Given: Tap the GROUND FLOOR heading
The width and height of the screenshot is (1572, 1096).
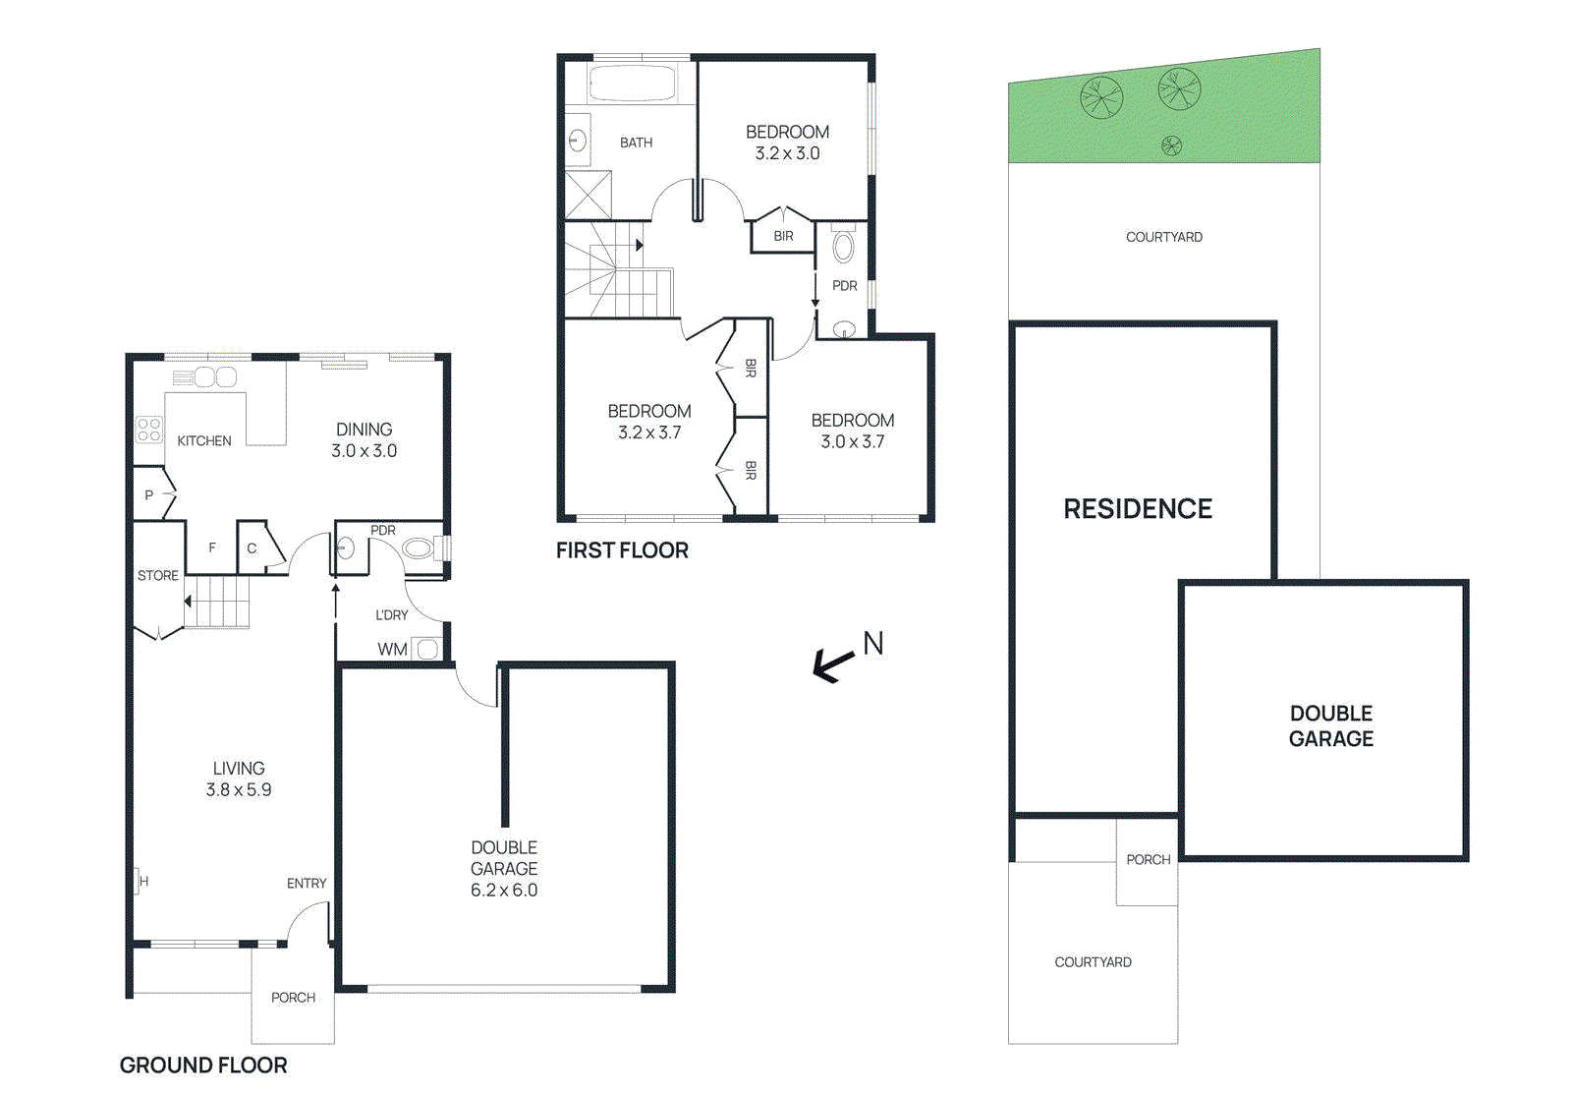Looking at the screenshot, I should (203, 1066).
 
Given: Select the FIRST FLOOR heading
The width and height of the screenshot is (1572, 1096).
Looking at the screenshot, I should (622, 550).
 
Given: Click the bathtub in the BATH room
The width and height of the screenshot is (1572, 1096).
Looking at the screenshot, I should (632, 84).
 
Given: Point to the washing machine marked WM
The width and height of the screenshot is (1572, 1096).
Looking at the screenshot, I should (426, 649).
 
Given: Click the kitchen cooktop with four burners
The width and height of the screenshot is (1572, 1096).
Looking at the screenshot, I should (149, 430).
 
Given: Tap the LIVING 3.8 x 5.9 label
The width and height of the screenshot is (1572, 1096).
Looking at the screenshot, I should (239, 779).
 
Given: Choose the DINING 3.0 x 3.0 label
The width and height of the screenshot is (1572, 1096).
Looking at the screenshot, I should (364, 440).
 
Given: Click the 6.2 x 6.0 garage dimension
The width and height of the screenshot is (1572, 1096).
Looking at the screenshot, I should (504, 891).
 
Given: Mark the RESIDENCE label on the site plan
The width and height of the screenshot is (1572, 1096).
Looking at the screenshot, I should (1138, 509).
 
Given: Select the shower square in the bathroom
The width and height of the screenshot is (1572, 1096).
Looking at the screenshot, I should (589, 195).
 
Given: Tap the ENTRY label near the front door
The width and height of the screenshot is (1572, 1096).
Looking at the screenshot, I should (307, 884).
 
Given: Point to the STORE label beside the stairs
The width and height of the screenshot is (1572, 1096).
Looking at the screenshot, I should (158, 576).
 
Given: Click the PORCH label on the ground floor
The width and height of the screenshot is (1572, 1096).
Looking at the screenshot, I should (293, 998).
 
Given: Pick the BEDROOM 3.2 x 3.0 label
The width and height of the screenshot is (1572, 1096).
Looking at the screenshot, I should (787, 143).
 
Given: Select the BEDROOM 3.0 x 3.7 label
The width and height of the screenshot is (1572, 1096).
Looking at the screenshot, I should (853, 431).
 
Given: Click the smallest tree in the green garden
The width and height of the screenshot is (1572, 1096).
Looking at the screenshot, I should (1171, 146).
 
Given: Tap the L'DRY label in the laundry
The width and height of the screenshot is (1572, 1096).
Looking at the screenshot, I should (391, 615).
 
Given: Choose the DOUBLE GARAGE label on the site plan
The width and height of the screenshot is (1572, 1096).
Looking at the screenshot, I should (1331, 726).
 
